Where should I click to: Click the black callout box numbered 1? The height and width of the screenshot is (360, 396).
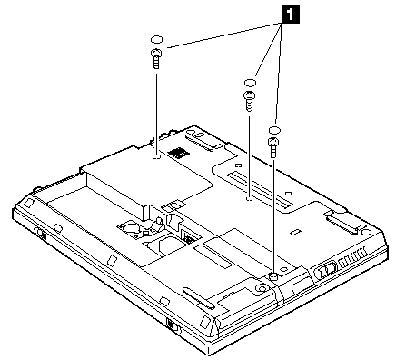pos(291,15)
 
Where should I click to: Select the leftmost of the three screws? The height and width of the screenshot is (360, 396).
pos(156,59)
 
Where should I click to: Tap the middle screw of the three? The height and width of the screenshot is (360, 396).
pos(250,101)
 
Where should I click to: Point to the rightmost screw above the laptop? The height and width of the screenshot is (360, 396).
pos(273,147)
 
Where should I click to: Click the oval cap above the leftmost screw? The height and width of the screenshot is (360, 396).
pos(156,40)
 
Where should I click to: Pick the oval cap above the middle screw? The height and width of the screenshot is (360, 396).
pos(250,83)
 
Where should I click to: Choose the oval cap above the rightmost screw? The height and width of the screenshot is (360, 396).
pos(274,130)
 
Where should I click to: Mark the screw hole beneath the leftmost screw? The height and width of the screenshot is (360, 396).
pos(156,156)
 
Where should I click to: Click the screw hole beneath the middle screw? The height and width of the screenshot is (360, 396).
pos(249,199)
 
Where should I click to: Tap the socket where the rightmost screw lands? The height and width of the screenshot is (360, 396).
pos(273,275)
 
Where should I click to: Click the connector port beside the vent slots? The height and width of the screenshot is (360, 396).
pos(325,269)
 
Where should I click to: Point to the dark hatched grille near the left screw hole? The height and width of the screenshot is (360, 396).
pos(177,153)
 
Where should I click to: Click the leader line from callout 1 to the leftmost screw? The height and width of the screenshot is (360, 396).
pos(223,35)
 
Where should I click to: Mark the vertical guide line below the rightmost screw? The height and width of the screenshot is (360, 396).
pos(274,215)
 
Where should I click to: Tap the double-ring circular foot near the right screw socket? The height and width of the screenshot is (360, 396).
pos(261,288)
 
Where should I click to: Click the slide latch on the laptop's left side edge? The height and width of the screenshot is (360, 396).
pos(40,234)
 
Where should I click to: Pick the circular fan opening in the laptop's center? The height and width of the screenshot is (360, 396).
pos(134,227)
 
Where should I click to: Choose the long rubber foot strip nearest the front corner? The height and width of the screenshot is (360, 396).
pos(199,298)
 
